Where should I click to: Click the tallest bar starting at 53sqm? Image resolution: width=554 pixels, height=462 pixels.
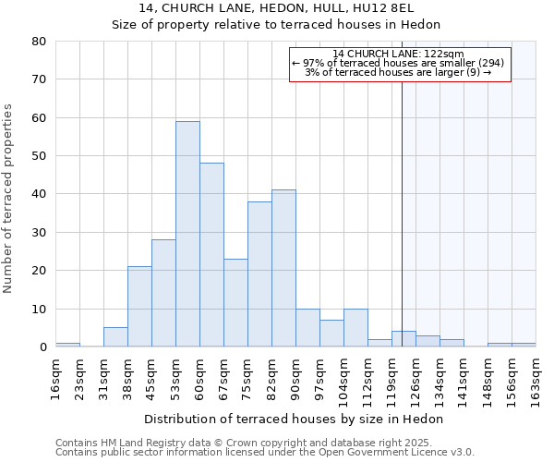(x=187, y=234)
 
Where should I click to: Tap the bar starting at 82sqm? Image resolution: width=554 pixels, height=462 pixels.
(x=283, y=268)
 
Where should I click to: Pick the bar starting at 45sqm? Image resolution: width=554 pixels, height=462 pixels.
(x=163, y=293)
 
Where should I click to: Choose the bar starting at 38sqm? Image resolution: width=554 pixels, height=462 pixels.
(x=139, y=307)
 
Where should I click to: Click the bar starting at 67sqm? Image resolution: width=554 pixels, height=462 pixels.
(x=235, y=303)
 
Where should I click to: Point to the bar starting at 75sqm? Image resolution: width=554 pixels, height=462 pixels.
(x=259, y=274)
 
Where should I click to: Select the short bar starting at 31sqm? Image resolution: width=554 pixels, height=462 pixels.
(x=115, y=337)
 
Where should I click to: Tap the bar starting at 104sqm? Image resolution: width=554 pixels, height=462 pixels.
(x=355, y=328)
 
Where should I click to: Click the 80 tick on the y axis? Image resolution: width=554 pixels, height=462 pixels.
(x=38, y=42)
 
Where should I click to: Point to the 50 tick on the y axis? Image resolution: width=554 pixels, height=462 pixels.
(x=38, y=156)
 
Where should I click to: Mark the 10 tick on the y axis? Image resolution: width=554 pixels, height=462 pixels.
(x=38, y=309)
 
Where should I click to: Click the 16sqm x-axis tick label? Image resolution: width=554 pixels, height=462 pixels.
(x=55, y=376)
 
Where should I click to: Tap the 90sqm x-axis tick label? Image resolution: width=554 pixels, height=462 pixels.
(x=295, y=376)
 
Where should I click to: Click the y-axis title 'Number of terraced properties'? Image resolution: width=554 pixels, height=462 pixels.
(x=9, y=199)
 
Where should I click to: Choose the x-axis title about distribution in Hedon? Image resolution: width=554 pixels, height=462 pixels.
(x=295, y=419)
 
